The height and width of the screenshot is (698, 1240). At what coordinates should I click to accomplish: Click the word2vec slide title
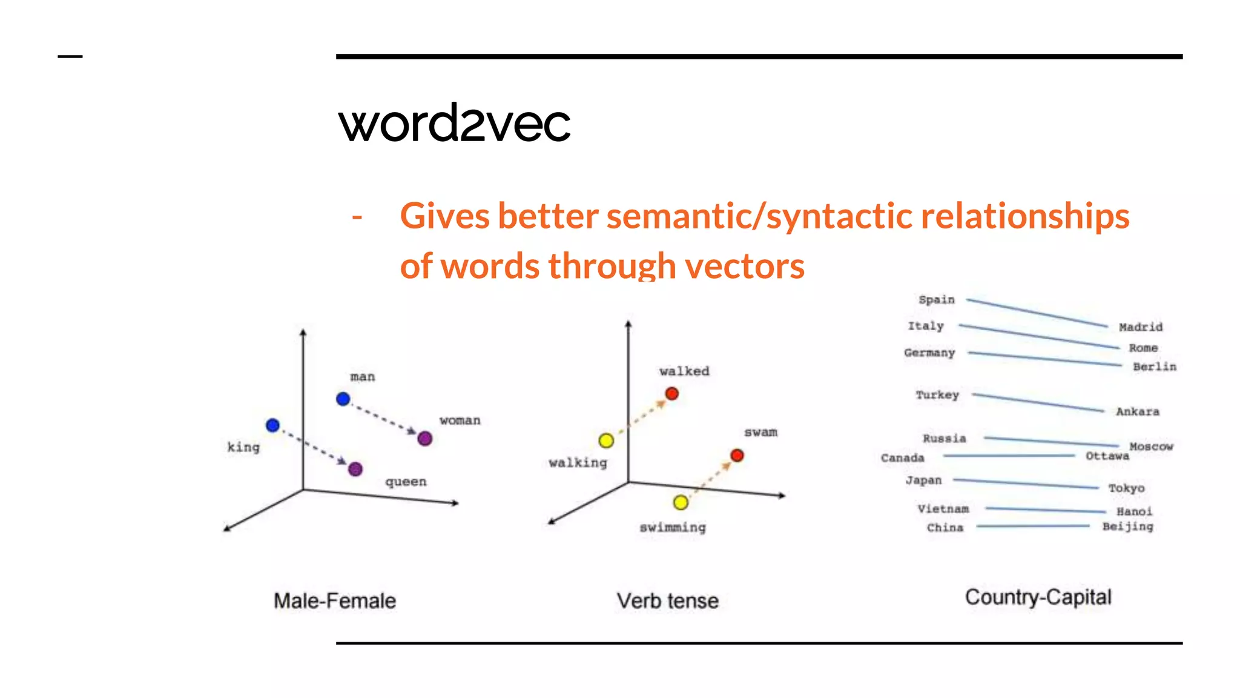click(x=454, y=123)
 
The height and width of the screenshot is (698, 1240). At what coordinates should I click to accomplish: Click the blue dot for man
click(x=343, y=399)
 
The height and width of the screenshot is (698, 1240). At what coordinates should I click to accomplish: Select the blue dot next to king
click(x=273, y=425)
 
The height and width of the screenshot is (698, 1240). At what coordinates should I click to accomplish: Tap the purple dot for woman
click(x=425, y=438)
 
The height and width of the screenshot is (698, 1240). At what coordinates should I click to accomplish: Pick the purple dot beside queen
click(x=355, y=469)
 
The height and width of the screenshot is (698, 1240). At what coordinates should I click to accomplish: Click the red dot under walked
click(x=672, y=394)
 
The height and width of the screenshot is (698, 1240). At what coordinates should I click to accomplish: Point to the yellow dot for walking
click(x=606, y=440)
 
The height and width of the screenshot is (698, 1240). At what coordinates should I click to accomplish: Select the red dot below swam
click(x=737, y=455)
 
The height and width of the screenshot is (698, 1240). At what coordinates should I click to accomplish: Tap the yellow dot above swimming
click(x=681, y=502)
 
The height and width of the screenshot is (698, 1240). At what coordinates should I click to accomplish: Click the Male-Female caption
click(x=335, y=601)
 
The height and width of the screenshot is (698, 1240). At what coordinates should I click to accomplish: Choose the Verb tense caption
click(x=668, y=601)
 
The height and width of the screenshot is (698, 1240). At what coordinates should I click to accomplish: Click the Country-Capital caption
click(x=1038, y=597)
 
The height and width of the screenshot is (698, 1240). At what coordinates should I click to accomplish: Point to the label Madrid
click(x=1141, y=327)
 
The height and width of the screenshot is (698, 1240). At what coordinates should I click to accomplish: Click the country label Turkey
click(x=937, y=395)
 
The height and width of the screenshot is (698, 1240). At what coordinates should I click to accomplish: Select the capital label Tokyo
click(x=1126, y=488)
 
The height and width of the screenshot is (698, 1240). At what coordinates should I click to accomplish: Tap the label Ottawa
click(x=1107, y=456)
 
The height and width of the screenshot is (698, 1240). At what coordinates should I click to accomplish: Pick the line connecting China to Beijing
click(x=1033, y=527)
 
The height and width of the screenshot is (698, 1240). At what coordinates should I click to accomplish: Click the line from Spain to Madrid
click(x=1037, y=313)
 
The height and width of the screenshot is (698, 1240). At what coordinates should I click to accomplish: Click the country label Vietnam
click(x=943, y=509)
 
